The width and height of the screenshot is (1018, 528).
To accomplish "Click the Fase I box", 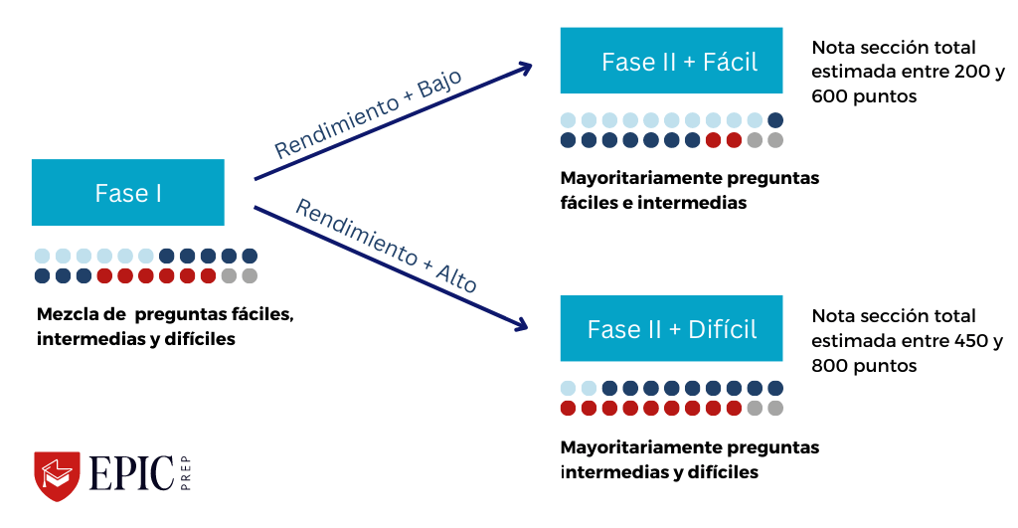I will pos(128,192).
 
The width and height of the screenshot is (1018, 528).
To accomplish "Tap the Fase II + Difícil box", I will pos(671,328).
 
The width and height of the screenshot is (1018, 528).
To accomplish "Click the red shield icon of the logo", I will pos(57,476).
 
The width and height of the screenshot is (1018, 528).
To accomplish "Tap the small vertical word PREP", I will pos(185,476).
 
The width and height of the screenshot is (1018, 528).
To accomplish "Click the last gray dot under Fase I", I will pos(250,275).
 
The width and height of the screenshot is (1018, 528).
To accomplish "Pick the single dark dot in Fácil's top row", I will pos(775,120).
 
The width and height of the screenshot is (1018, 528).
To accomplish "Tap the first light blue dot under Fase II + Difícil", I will pos(569,388).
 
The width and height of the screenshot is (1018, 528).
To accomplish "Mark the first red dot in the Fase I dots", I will pos(103,275).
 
